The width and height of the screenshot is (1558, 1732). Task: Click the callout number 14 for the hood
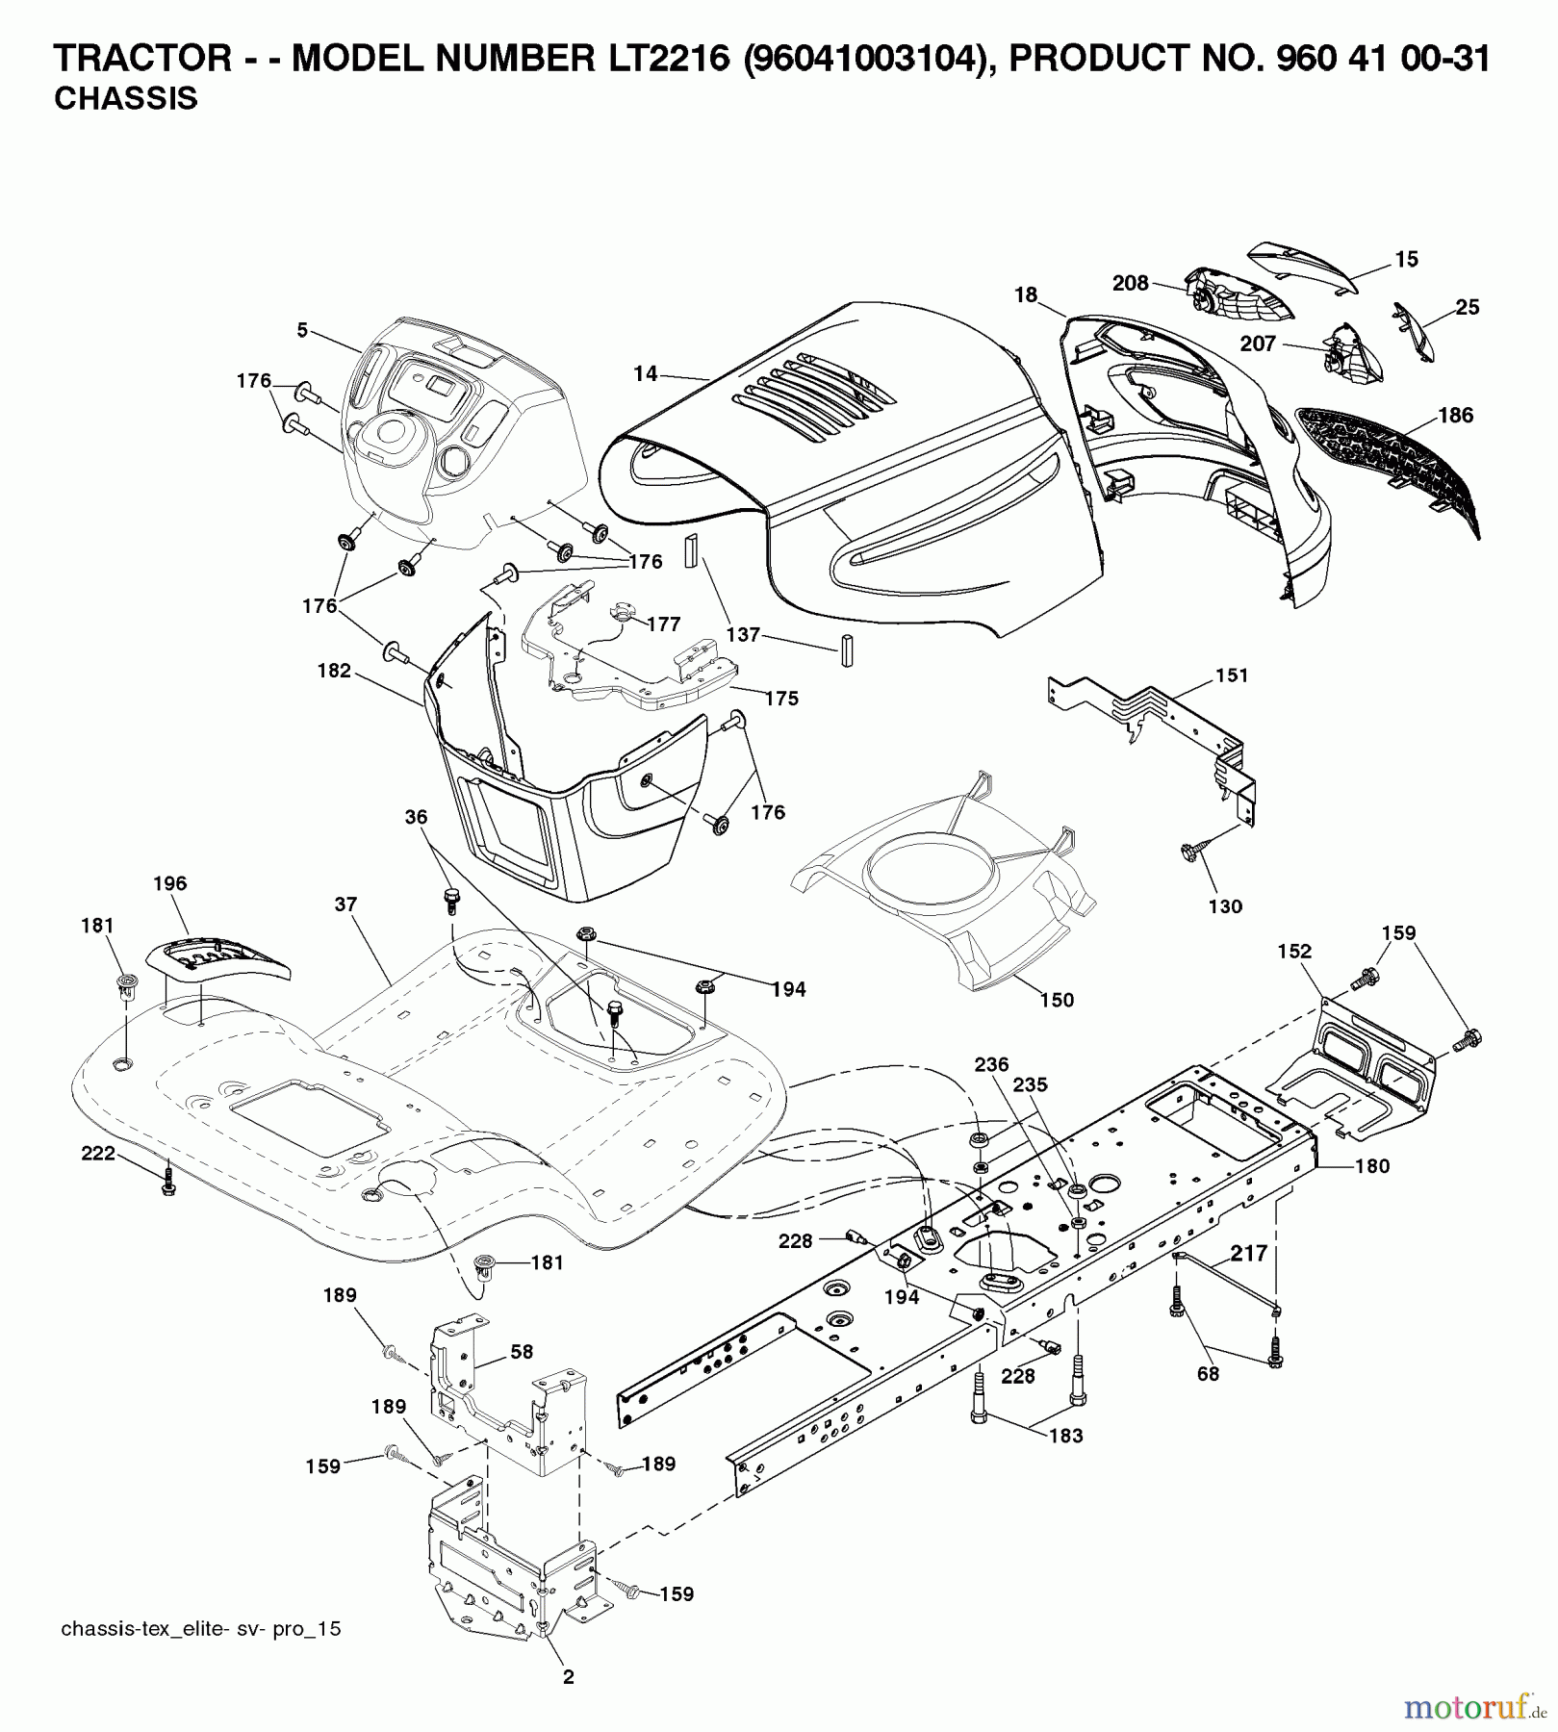coord(646,373)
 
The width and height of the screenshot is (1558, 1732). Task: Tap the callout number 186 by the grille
coord(1455,415)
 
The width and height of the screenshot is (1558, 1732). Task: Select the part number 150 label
coord(1057,1000)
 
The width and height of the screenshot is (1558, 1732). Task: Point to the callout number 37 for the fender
coord(345,904)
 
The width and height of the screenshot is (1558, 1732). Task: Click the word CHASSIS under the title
coord(126,99)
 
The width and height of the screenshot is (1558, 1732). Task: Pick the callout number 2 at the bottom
coord(568,1677)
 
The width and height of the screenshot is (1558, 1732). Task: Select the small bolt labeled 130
coord(1189,852)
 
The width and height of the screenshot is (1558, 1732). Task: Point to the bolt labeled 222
coord(168,1186)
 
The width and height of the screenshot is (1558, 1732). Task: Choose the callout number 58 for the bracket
coord(521,1352)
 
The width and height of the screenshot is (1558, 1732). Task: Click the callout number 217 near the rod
coord(1249,1255)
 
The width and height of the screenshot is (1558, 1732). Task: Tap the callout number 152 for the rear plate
coord(1294,951)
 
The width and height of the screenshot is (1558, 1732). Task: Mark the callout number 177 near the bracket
coord(664,624)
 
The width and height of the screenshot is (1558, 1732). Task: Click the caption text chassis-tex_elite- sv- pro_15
coord(200,1629)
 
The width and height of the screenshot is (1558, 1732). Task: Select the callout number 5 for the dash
coord(302,330)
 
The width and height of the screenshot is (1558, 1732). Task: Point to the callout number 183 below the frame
coord(1065,1435)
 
